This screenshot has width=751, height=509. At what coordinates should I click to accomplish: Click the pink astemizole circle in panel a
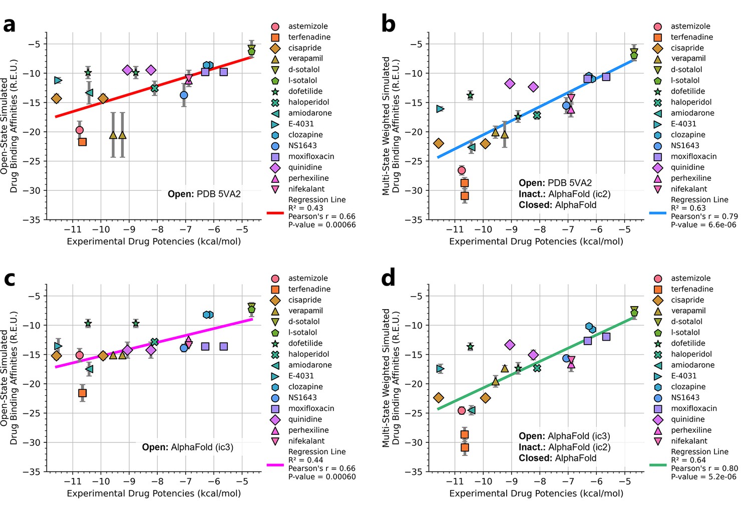(80, 130)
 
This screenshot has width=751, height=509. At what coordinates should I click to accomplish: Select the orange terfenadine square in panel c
(82, 393)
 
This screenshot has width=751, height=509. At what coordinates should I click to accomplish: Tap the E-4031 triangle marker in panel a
(58, 80)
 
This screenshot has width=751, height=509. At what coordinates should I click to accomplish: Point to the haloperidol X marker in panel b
(537, 115)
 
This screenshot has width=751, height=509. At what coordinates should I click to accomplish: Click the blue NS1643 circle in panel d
(566, 358)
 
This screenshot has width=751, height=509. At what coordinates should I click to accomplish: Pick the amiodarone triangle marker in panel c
(89, 369)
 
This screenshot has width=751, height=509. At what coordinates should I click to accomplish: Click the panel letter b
(388, 24)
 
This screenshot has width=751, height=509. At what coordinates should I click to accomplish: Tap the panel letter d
(388, 277)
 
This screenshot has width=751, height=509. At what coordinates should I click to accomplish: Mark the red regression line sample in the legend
(275, 213)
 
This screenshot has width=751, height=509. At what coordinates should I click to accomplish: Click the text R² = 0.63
(688, 208)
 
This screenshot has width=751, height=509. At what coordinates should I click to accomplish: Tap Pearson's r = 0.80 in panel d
(704, 468)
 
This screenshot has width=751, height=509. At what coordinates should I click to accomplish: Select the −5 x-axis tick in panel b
(624, 229)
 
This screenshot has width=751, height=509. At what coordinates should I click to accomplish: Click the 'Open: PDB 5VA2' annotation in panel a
(204, 194)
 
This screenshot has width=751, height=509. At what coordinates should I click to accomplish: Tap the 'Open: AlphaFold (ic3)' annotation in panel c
(188, 447)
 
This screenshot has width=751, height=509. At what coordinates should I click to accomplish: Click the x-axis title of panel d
(536, 493)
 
